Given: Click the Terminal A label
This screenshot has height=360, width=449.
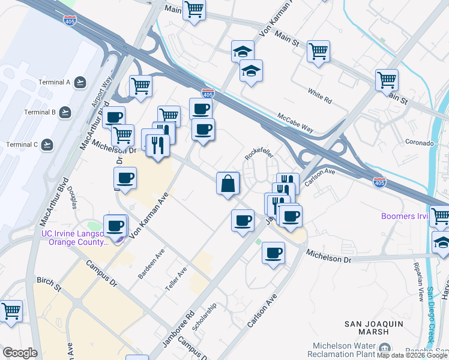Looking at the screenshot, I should tap(55, 82).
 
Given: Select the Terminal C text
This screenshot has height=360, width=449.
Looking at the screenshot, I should tap(22, 145).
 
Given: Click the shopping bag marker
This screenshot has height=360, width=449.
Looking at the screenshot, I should tap(228, 184).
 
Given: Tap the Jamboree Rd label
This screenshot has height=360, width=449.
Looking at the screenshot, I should tap(178, 328).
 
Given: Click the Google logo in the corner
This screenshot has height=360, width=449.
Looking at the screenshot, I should tap(19, 353).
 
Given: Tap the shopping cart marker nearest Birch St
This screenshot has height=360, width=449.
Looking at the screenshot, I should tap(11, 311).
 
